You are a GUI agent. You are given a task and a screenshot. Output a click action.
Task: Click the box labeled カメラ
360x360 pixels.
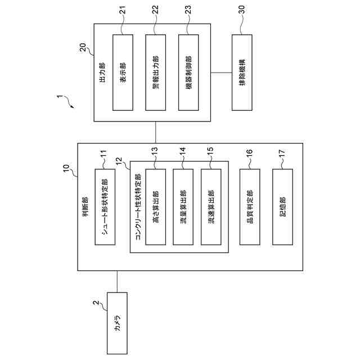117,323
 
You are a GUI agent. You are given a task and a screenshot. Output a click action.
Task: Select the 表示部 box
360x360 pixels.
123,72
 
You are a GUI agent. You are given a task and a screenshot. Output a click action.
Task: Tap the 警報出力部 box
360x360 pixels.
155,72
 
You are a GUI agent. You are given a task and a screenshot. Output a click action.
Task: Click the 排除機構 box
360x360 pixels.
241,72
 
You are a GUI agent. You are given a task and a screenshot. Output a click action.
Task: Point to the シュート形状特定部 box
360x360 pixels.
105,206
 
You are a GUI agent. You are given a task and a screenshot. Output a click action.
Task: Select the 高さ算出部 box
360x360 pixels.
156,206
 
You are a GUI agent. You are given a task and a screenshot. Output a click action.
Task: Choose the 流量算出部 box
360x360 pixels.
183,206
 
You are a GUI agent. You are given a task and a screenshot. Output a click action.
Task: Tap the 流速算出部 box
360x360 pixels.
211,206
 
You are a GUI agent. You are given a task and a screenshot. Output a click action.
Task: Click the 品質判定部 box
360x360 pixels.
250,206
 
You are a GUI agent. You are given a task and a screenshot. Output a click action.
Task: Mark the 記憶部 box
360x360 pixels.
282,206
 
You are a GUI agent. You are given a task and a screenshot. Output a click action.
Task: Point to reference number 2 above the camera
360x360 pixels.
96,304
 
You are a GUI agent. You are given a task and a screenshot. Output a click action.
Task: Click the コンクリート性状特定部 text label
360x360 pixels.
138,206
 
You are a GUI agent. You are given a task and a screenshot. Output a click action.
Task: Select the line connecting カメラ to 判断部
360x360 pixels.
117,282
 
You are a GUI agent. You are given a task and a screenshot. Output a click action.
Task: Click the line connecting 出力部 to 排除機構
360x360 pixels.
221,72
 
